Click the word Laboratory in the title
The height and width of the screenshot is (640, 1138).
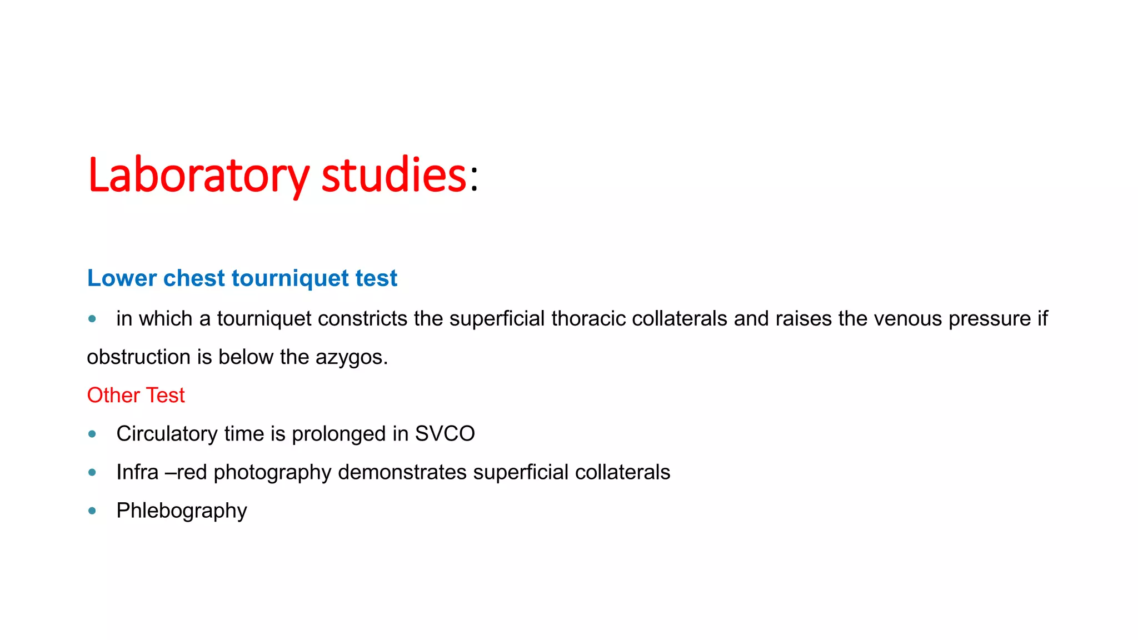[198, 176]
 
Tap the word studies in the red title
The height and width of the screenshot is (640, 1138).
[393, 176]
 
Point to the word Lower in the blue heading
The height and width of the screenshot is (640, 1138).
[121, 278]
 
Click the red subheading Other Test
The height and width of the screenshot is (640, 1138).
[136, 396]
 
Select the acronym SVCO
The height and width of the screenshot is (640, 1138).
[445, 434]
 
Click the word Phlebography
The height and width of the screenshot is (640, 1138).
[181, 511]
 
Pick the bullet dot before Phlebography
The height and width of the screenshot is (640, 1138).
[92, 511]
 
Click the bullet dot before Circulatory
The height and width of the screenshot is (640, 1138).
[92, 434]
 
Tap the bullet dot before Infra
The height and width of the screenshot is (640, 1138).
[92, 472]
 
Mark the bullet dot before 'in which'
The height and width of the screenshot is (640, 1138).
[92, 319]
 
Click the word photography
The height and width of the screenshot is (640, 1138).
[272, 473]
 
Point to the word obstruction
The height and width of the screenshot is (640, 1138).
[138, 357]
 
